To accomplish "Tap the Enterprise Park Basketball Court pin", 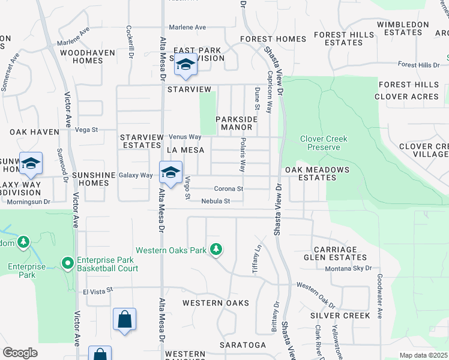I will click(x=68, y=263).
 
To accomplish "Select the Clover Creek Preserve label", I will click(x=324, y=143).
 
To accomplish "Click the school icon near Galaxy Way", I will click(x=170, y=173).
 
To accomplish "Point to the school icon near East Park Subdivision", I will click(x=185, y=65).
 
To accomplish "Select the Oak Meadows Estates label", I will click(x=316, y=173).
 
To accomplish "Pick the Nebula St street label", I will click(x=215, y=202).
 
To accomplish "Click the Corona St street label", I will click(x=228, y=188).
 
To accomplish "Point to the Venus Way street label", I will click(x=185, y=137).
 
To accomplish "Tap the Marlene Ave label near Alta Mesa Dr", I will click(x=187, y=28).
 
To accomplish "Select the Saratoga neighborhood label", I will click(x=243, y=345).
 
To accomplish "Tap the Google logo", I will click(x=20, y=353).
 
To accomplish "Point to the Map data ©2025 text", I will click(x=424, y=355).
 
